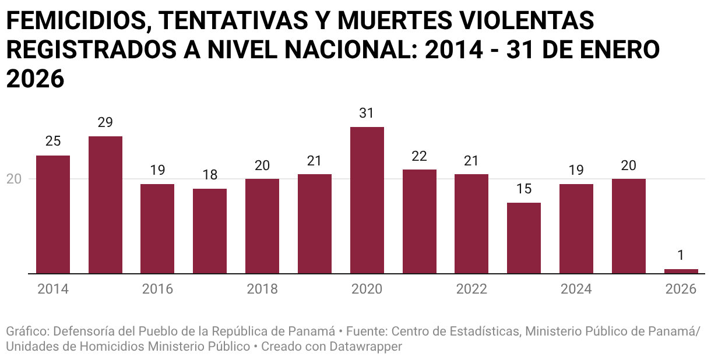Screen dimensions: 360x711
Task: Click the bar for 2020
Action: (x=367, y=200)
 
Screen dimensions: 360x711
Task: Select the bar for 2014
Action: (x=53, y=214)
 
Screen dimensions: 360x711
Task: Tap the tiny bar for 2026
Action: (x=681, y=271)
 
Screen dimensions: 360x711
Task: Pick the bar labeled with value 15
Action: (x=523, y=238)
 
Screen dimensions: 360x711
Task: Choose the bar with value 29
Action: (x=105, y=204)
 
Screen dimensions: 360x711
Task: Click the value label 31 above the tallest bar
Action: (x=367, y=113)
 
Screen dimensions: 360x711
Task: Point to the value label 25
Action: (x=53, y=142)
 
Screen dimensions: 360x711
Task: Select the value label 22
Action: (x=419, y=156)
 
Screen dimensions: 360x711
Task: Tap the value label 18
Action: (x=210, y=175)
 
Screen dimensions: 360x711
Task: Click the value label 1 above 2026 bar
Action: (x=681, y=255)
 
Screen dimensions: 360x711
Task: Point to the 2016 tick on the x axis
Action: (x=157, y=289)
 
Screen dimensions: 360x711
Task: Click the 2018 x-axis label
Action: (x=262, y=289)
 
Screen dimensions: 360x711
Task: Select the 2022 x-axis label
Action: (x=471, y=289)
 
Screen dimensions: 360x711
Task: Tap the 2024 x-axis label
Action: (x=576, y=289)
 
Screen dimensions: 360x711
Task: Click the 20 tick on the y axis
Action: (x=14, y=179)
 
